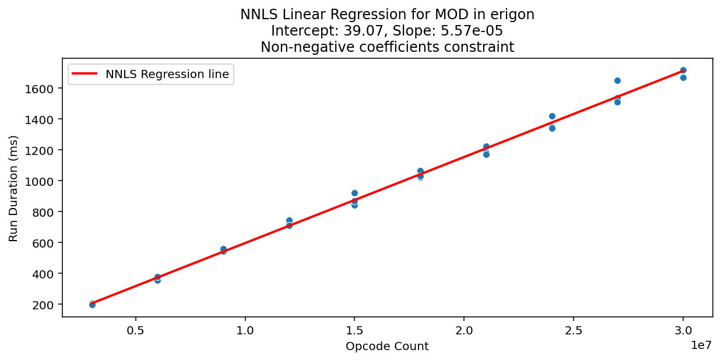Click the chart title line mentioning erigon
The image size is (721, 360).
coord(387,15)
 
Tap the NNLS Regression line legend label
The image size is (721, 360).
coord(167,74)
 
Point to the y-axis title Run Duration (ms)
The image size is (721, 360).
coord(13,188)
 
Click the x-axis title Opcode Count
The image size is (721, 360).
coord(387,347)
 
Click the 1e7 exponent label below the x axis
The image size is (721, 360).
coord(701,345)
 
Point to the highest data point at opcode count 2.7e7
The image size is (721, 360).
coord(617,80)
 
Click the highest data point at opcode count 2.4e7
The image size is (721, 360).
coord(552,116)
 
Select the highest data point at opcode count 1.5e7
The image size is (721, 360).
coord(354,193)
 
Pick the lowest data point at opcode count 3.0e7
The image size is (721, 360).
coord(683,77)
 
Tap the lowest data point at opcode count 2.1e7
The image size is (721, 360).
coord(486,154)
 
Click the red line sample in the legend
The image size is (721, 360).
coord(86,74)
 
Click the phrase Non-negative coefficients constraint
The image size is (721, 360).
coord(387,47)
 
